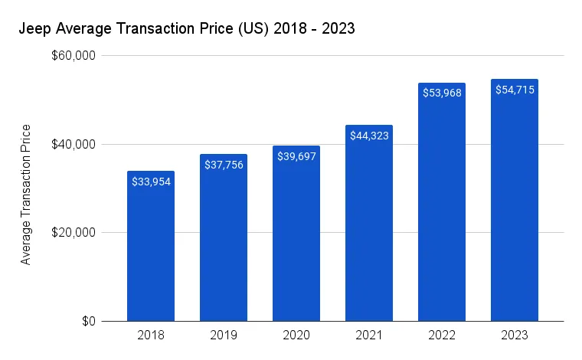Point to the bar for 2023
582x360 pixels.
click(x=515, y=207)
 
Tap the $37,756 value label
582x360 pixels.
click(x=224, y=165)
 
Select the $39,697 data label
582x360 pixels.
click(x=296, y=156)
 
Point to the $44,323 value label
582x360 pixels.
click(x=369, y=136)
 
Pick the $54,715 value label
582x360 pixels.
click(x=515, y=90)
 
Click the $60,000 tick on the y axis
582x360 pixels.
click(x=74, y=56)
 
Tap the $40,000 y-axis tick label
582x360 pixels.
click(x=74, y=144)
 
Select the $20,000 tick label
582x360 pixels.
click(x=74, y=233)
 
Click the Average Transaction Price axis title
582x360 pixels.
click(x=26, y=194)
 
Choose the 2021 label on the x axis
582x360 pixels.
click(x=369, y=335)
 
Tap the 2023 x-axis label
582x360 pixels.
click(x=515, y=335)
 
